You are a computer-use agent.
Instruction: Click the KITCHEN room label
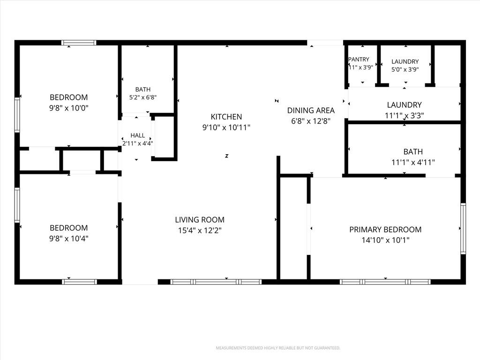coord(226,117)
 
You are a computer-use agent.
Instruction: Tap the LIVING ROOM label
coord(200,219)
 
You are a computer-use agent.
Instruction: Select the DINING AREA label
coord(311,110)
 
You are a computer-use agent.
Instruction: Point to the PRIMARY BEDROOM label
coord(385,229)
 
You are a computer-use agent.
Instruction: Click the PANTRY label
coord(359,59)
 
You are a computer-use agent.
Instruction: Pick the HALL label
coord(137,135)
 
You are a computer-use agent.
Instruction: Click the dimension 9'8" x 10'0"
coord(69,108)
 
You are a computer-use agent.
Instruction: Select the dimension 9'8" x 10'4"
coord(69,238)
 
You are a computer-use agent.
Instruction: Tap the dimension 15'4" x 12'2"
coord(200,230)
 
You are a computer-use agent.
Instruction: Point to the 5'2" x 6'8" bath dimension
coord(143,97)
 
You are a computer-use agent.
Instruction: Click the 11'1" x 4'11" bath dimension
coord(413,162)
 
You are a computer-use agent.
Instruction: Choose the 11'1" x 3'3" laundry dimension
coord(404,115)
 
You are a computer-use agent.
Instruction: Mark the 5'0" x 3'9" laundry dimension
coord(405,69)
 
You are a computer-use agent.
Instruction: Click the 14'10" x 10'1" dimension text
coord(385,240)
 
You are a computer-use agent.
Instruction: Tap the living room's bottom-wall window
coord(216,282)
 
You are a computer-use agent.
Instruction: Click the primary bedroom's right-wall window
coord(463,228)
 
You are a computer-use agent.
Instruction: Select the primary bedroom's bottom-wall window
coord(385,282)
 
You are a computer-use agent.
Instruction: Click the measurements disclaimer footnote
coord(278,348)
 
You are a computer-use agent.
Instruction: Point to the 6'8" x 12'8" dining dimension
coord(311,121)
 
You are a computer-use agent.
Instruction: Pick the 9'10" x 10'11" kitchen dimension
coord(226,127)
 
